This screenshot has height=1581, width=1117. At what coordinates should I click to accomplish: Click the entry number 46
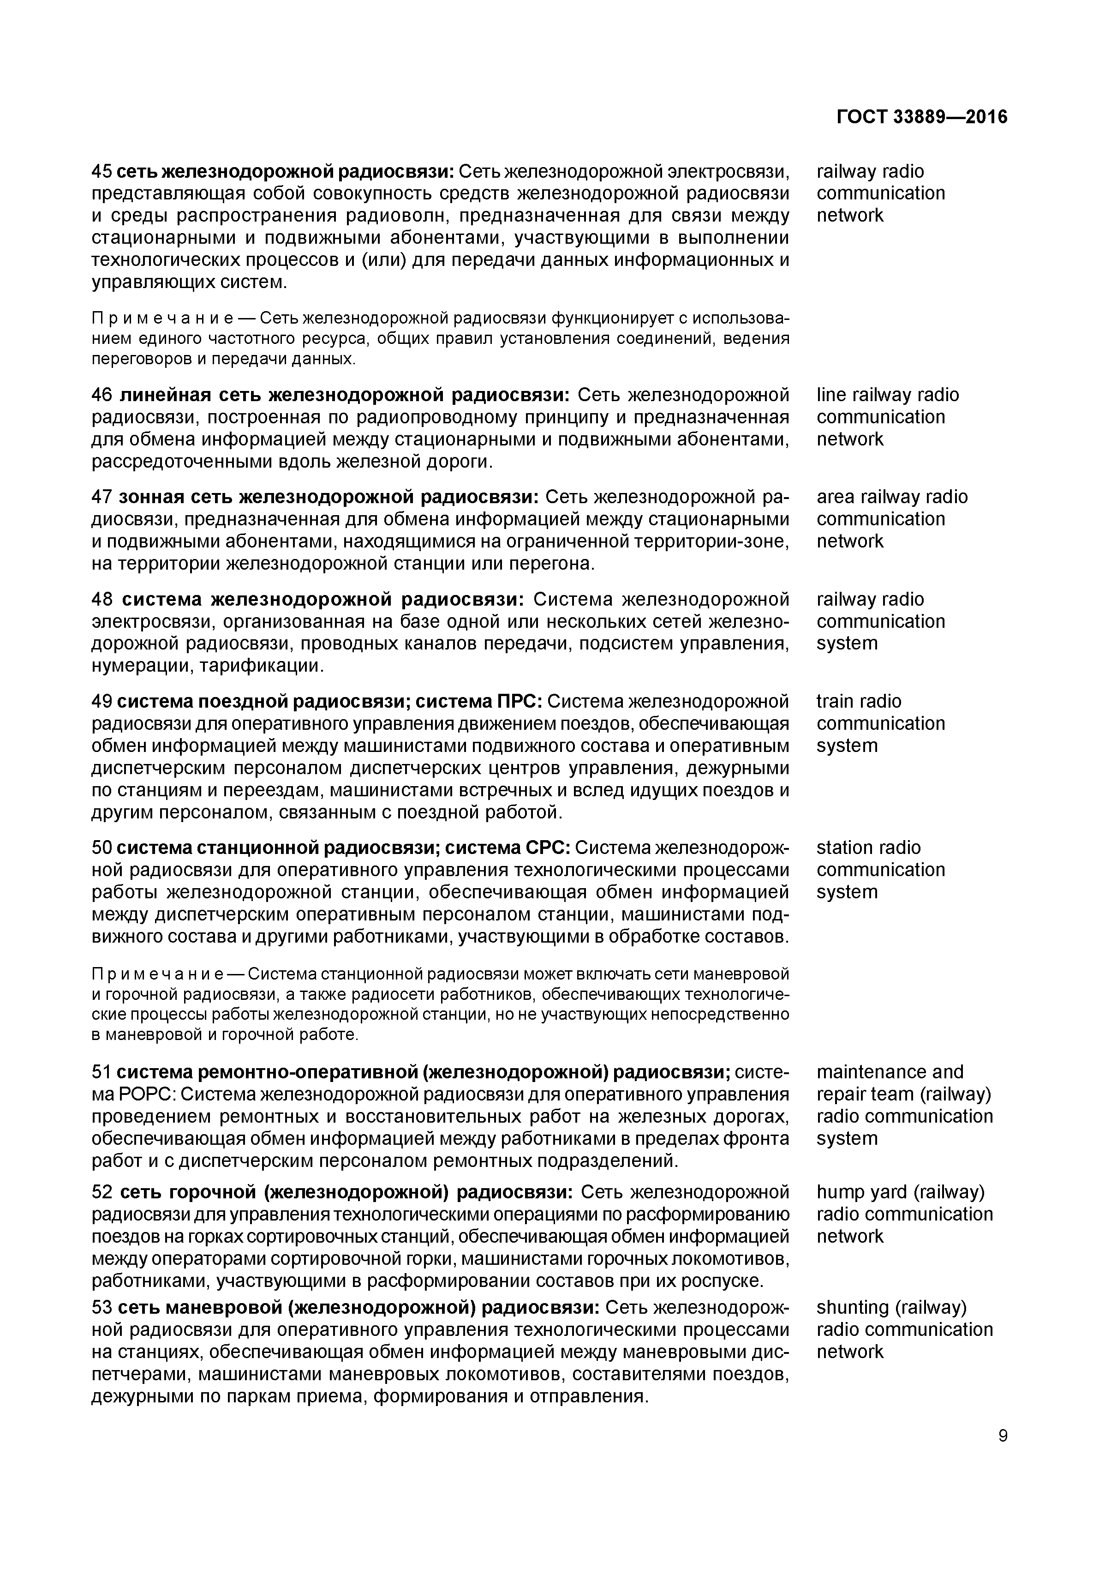click(102, 395)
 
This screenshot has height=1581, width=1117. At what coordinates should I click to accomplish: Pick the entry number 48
click(102, 599)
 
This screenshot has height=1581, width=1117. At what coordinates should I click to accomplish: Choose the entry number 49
click(102, 701)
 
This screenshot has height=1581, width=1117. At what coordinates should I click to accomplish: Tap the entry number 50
click(102, 847)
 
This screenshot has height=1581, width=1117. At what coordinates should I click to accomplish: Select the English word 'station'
click(843, 847)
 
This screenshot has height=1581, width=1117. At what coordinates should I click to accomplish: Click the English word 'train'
click(834, 701)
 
